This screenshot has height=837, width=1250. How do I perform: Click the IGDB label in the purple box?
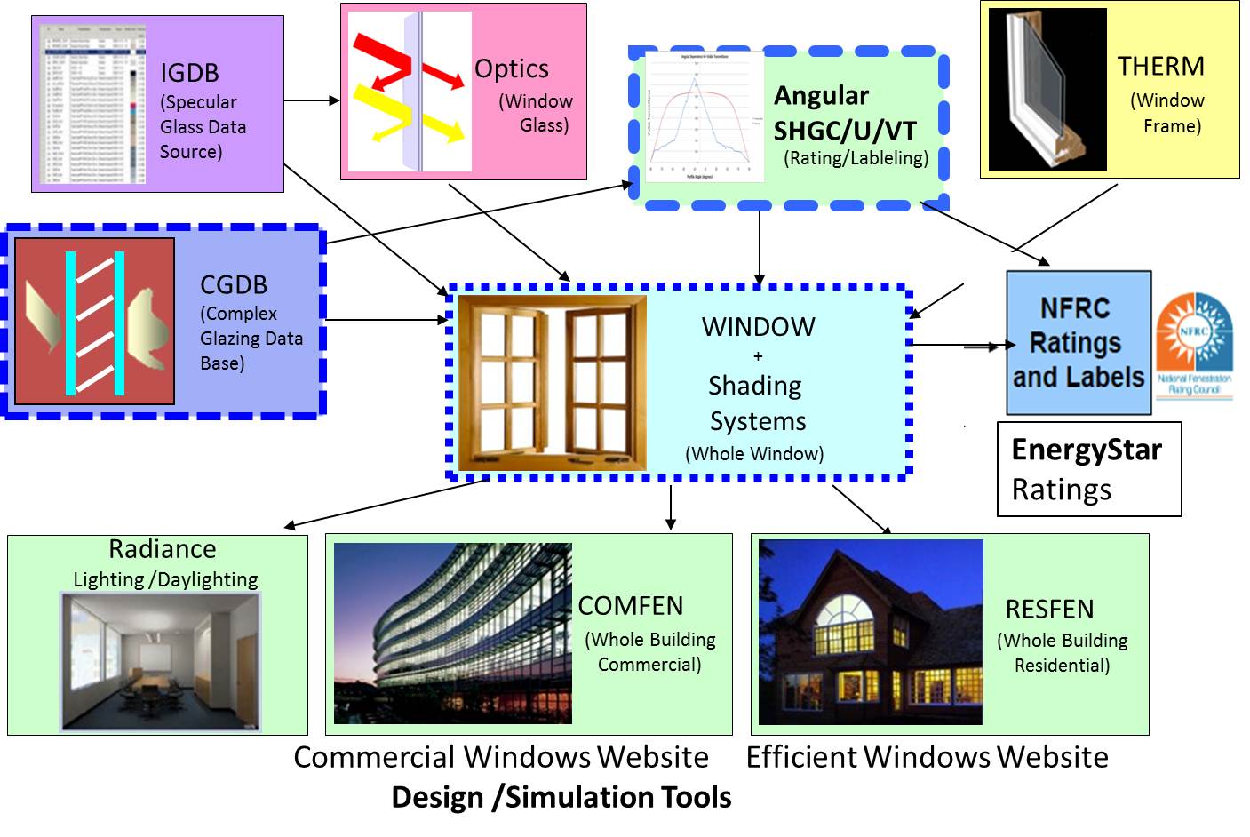(189, 73)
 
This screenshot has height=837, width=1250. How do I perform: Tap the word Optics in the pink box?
(511, 68)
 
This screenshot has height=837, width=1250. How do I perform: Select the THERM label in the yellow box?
(1160, 67)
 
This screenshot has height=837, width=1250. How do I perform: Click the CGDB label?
(234, 284)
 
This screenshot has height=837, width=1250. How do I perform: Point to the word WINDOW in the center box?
(758, 327)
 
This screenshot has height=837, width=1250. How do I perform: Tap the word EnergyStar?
(1086, 450)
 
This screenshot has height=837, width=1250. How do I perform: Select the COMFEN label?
(631, 606)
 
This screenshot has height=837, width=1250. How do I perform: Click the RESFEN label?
(1049, 610)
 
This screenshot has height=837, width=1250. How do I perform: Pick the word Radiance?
(163, 549)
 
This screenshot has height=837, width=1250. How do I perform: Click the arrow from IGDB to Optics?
(312, 100)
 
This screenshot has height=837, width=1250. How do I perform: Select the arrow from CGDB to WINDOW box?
(386, 320)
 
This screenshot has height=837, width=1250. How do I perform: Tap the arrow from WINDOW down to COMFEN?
(671, 507)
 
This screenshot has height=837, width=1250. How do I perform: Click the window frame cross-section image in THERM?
(1047, 89)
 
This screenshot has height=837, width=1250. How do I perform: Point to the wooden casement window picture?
(552, 382)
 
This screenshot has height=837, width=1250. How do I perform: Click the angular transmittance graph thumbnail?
(704, 116)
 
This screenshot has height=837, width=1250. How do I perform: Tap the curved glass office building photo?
(452, 633)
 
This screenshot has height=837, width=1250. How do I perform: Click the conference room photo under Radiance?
(161, 661)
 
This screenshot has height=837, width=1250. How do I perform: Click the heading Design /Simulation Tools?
(561, 797)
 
